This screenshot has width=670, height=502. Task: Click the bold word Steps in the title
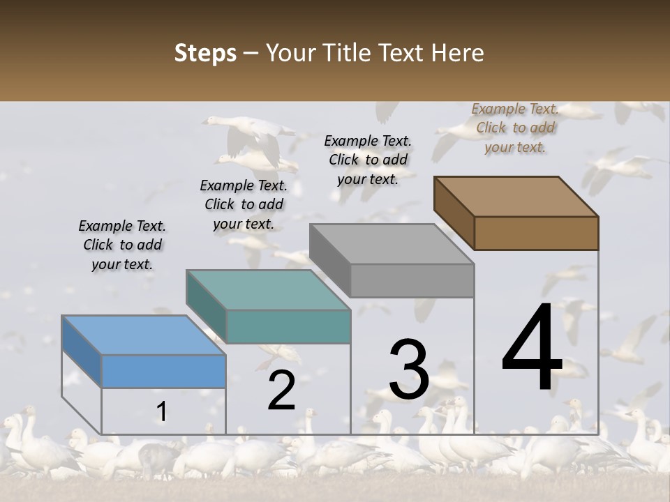tap(205, 53)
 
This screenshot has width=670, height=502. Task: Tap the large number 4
tap(532, 348)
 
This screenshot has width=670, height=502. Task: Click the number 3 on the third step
tap(409, 370)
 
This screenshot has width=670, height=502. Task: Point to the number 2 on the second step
tap(281, 391)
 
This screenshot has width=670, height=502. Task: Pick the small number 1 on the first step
tap(161, 412)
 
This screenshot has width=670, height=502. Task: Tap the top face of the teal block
tap(268, 289)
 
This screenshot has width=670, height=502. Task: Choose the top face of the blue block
tap(144, 335)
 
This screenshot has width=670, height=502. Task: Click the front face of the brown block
tap(536, 233)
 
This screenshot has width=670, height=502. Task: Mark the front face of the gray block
tap(412, 280)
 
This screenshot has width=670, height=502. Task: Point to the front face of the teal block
tap(288, 326)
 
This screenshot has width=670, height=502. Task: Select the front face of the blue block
tap(163, 371)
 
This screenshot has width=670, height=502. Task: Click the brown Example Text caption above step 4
tap(516, 128)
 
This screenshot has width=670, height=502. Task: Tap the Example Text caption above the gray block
tap(368, 160)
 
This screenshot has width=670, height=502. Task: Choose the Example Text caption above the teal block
tap(244, 204)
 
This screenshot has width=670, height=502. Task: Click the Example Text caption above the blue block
tap(122, 245)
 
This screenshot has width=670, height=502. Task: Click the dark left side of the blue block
tap(82, 351)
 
